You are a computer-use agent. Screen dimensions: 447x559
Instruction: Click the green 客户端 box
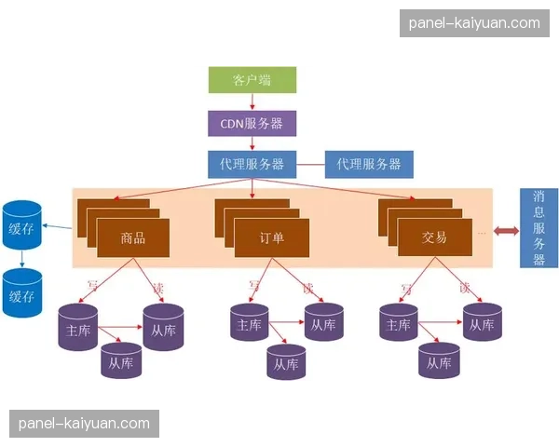click(252, 80)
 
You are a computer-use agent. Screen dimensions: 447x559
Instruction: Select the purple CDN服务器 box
click(252, 122)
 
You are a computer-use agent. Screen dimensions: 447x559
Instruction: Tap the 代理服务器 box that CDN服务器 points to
click(252, 164)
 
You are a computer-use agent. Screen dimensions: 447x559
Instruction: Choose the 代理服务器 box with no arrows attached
click(368, 164)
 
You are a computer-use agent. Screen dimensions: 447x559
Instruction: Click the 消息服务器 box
click(539, 228)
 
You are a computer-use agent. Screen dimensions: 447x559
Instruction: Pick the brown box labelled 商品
click(133, 238)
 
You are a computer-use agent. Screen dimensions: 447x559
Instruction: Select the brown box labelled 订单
click(271, 238)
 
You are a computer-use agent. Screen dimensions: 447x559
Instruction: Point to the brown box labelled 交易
click(434, 238)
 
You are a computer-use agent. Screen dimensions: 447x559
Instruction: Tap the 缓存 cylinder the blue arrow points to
click(22, 223)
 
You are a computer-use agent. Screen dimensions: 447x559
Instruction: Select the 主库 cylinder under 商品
click(77, 328)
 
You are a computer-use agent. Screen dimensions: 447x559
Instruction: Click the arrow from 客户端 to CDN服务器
click(252, 102)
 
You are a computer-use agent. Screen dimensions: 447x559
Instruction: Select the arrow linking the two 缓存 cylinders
click(22, 259)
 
